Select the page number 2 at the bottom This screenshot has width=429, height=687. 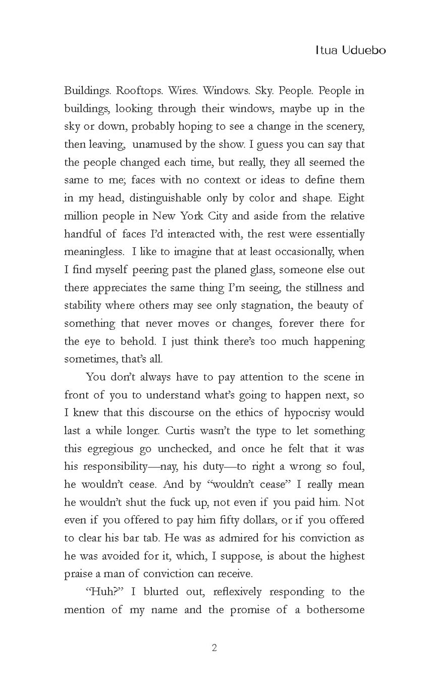point(215,648)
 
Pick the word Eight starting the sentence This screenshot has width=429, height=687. point(352,198)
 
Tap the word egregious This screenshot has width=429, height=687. point(111,449)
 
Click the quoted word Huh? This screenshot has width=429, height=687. point(104,592)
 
